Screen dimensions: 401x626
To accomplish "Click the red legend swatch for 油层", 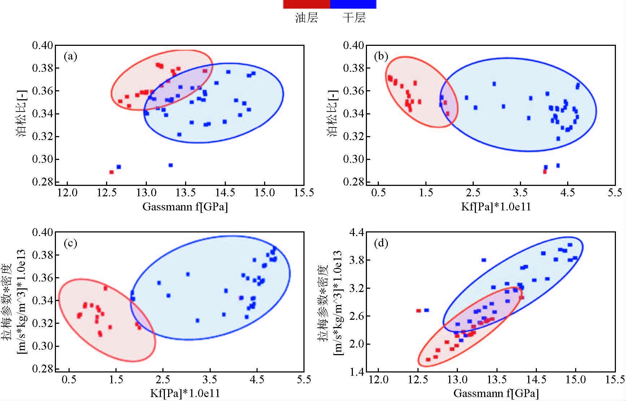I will (x=306, y=4).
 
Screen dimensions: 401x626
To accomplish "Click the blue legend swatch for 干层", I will (x=353, y=4).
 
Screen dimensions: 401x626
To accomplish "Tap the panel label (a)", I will (x=70, y=56).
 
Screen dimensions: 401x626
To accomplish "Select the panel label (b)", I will (x=381, y=56).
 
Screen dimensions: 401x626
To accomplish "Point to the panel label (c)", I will (x=70, y=243).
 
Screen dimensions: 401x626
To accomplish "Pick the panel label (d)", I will (x=381, y=243).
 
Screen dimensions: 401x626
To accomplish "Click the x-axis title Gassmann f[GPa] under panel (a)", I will (x=185, y=207).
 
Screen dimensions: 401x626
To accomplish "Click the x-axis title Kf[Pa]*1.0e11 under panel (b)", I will (x=496, y=207).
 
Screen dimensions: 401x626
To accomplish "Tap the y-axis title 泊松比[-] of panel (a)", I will (x=21, y=114).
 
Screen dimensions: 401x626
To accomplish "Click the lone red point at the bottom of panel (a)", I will (x=111, y=172).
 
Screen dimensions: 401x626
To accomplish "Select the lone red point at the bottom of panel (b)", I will (x=545, y=172).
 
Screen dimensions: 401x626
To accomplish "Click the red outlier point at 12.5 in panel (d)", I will (x=419, y=310).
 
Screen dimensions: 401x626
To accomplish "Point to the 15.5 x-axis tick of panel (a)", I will (x=304, y=193).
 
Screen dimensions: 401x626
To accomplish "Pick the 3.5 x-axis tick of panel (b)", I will (x=520, y=193).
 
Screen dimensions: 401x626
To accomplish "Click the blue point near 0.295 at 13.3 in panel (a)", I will (x=171, y=165).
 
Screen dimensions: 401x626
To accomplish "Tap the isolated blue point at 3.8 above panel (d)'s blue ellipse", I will (x=484, y=260).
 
